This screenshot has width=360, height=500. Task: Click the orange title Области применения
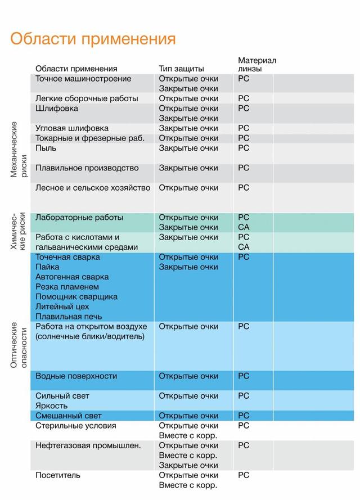[x=93, y=39]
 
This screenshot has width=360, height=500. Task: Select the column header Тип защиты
[x=181, y=69]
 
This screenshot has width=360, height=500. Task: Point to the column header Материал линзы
[x=257, y=64]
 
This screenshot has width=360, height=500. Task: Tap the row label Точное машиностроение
[x=83, y=79]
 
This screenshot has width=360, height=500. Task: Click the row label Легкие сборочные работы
[x=87, y=98]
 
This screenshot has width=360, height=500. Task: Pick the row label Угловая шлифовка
[x=72, y=128]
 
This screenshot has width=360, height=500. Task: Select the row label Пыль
[x=46, y=148]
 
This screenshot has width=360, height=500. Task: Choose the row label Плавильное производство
[x=87, y=168]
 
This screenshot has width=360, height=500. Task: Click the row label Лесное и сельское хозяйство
[x=93, y=187]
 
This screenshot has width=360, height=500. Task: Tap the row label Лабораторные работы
[x=79, y=217]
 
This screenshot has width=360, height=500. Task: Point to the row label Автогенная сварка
[x=72, y=277]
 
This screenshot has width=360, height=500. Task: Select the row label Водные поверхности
[x=76, y=376]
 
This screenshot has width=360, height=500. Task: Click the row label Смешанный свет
[x=69, y=416]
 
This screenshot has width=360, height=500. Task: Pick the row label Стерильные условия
[x=76, y=426]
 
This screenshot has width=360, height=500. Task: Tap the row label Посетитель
[x=58, y=475]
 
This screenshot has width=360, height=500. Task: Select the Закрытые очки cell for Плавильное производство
[x=188, y=168]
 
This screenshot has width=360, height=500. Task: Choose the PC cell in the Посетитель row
[x=244, y=475]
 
